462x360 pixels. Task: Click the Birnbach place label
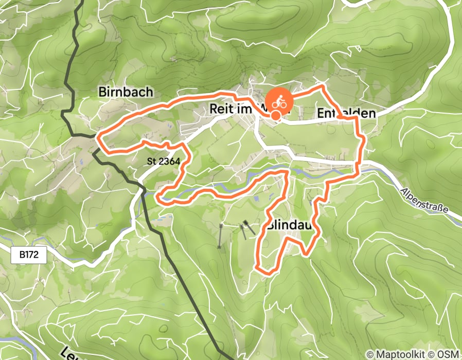coord(126,92)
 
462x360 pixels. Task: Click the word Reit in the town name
coord(220,109)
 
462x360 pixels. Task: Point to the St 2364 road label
coord(163,161)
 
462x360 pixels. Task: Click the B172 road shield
coord(29,254)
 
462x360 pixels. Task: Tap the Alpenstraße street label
coord(424,201)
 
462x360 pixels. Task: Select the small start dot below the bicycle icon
coord(276,116)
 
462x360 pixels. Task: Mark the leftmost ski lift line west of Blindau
coord(221,237)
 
